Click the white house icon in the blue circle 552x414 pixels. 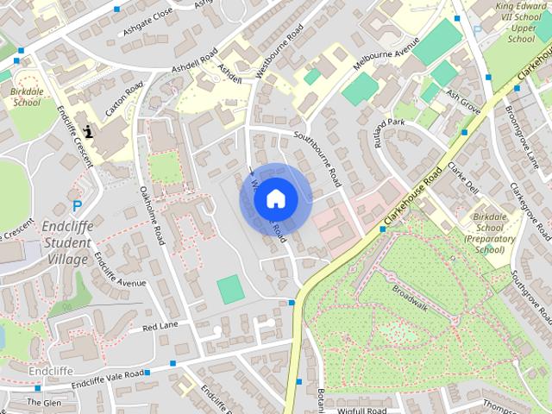[x=275, y=198]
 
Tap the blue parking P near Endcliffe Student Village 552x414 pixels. [x=77, y=206]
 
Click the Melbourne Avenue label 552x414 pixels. [x=387, y=57]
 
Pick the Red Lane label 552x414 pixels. [x=160, y=327]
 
